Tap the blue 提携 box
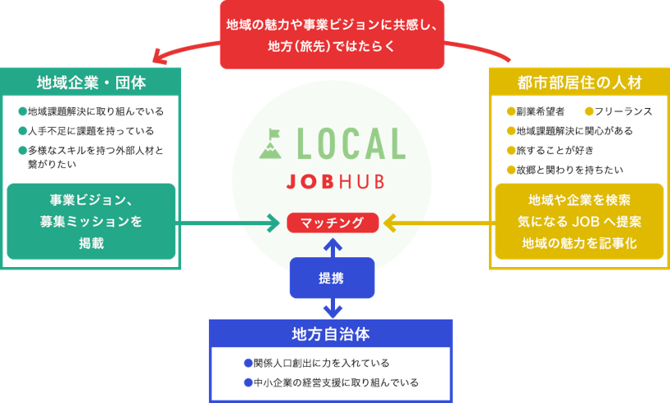point(332,278)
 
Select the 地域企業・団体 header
point(91,83)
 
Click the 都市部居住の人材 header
point(579,83)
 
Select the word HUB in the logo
point(363,182)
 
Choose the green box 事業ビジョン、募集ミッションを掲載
point(91,221)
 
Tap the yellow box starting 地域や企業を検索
point(579,221)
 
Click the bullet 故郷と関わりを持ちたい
point(564,170)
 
